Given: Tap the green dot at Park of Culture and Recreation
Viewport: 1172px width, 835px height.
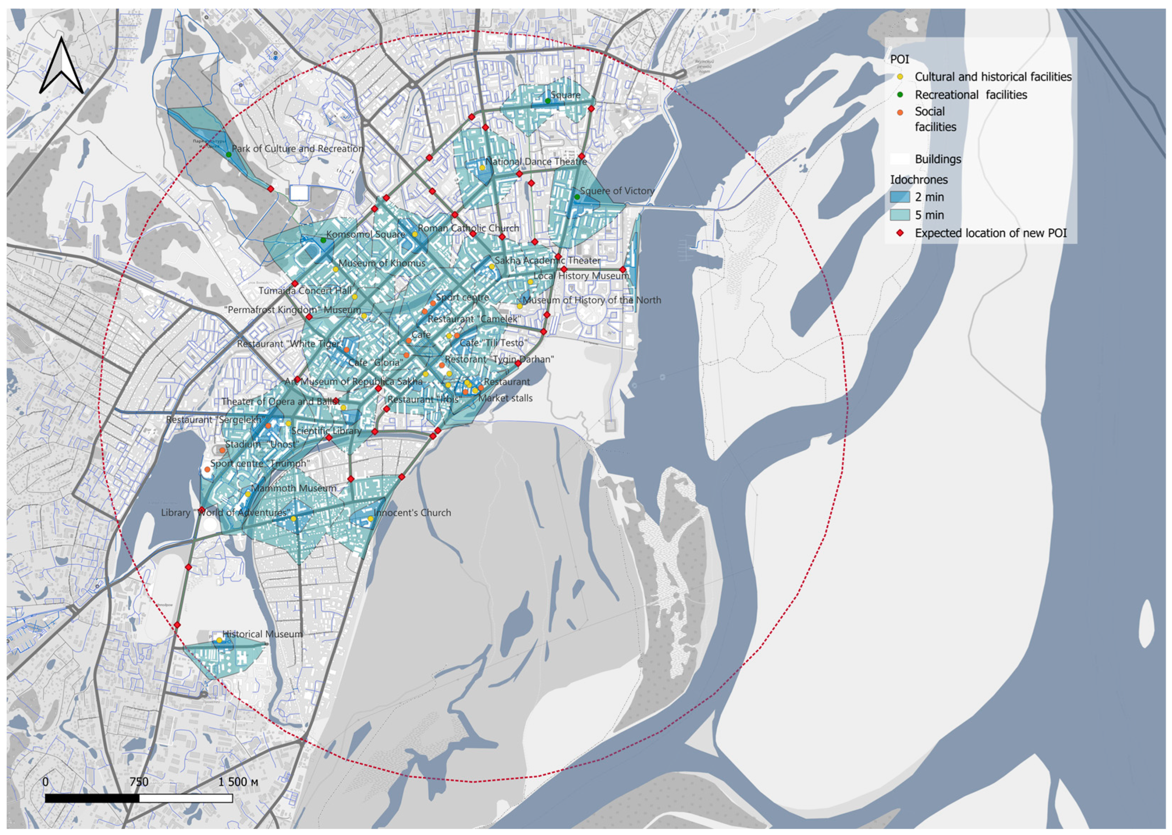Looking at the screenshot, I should [x=229, y=154].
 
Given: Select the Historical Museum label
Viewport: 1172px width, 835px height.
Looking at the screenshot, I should [x=262, y=634].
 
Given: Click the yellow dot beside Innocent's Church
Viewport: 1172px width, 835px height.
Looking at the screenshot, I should [x=370, y=519].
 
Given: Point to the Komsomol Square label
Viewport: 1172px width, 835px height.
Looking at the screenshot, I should [x=366, y=235].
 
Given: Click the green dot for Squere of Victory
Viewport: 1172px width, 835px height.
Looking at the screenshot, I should [x=577, y=197].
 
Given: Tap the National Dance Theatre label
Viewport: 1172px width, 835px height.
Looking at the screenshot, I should [x=536, y=161].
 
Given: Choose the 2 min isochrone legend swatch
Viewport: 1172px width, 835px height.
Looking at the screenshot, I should [x=900, y=197].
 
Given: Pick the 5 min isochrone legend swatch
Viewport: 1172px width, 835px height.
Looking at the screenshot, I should [x=900, y=215].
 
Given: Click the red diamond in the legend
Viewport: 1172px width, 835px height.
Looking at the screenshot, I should [x=900, y=233].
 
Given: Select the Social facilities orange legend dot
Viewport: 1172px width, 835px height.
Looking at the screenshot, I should [x=900, y=112].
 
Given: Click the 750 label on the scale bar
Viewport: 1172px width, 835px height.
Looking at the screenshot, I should [x=139, y=782].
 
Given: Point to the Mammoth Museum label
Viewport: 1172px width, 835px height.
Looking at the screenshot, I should [x=294, y=488].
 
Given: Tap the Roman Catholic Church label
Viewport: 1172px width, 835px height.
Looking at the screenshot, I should [x=468, y=228].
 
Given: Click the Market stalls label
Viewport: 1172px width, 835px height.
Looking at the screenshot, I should [x=505, y=398].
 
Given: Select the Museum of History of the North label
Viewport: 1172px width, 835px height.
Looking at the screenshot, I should [x=592, y=300].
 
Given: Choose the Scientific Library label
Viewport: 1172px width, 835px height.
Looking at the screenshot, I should [x=326, y=431].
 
